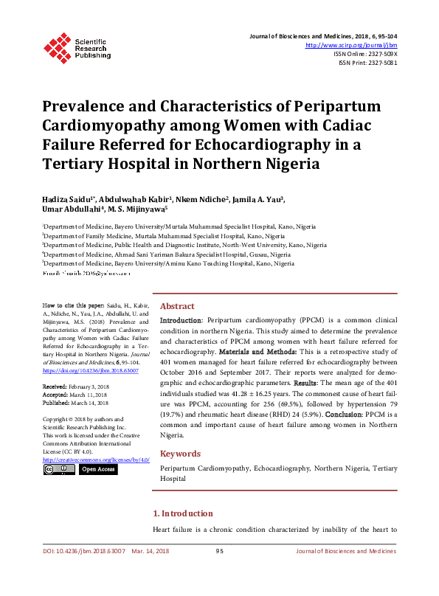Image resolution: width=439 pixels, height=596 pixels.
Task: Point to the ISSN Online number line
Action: point(365,54)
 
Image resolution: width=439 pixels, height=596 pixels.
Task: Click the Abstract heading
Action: point(177,306)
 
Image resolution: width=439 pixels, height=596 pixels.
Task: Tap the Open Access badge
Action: point(97,469)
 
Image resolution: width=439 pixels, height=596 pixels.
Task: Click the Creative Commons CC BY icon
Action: point(57,469)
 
